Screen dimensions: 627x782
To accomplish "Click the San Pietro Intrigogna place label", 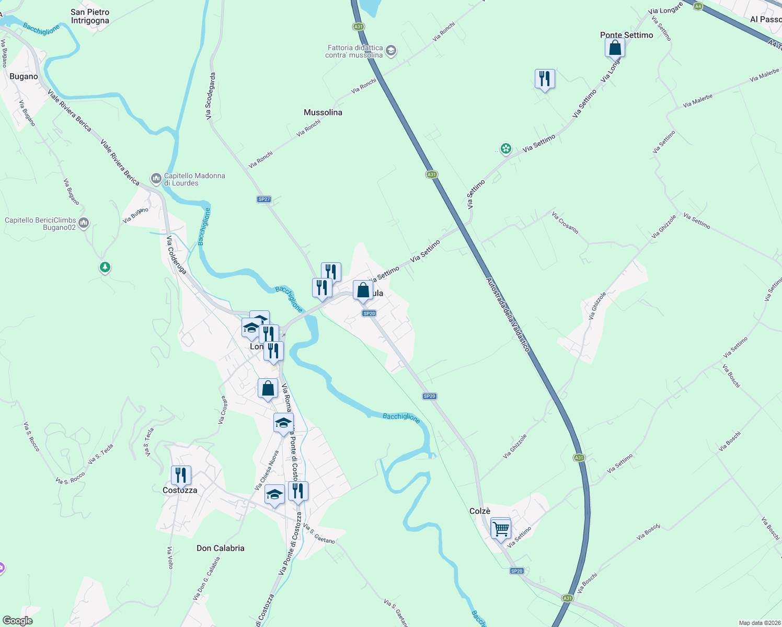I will coord(90,16).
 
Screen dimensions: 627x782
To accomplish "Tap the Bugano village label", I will coord(24,76).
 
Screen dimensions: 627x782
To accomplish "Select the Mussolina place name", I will coord(323,112).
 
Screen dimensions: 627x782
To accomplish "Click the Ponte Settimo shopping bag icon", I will coord(615,48).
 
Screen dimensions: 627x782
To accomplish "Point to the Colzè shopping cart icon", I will coord(501,529).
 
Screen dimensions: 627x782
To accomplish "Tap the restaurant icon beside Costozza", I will coord(181,475).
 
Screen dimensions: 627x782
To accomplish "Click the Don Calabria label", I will coord(220,548).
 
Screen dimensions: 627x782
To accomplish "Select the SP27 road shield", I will coord(264,199).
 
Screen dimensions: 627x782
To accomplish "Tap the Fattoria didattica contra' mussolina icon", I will coord(391,51).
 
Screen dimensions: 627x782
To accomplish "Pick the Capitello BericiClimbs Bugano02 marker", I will coord(84,224).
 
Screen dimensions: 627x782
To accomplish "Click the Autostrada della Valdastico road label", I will coord(508,314).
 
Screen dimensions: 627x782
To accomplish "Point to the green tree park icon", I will coord(105,268).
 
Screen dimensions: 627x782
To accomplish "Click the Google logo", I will coord(18,621).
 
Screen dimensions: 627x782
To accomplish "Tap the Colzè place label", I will coord(480,511).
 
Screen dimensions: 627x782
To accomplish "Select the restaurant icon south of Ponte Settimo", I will coord(545,79).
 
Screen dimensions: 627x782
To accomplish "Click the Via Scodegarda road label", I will coord(210,96).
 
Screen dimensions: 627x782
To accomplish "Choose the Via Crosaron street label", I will coord(565,222).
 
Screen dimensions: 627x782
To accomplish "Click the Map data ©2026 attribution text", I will coord(758,623).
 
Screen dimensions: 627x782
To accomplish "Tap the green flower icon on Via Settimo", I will coord(505,149).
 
